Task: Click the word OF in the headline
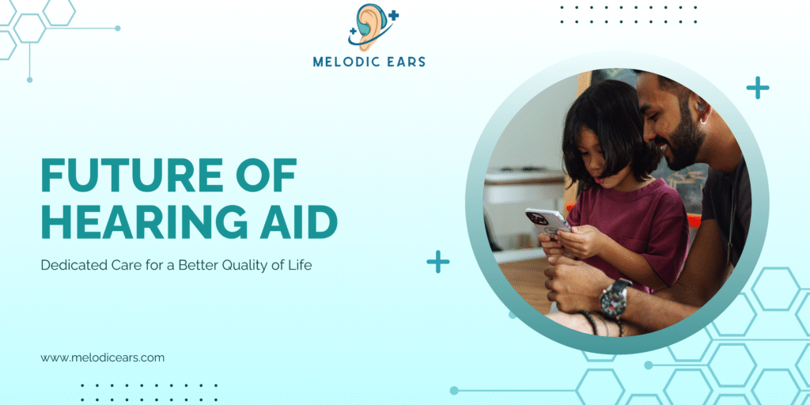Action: pos(266,175)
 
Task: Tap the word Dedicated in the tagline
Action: pos(71,266)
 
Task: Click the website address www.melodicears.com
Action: pos(103,358)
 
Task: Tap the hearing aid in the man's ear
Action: pos(700,108)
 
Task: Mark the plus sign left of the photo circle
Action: pos(438,262)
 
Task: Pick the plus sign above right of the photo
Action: pos(758,88)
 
